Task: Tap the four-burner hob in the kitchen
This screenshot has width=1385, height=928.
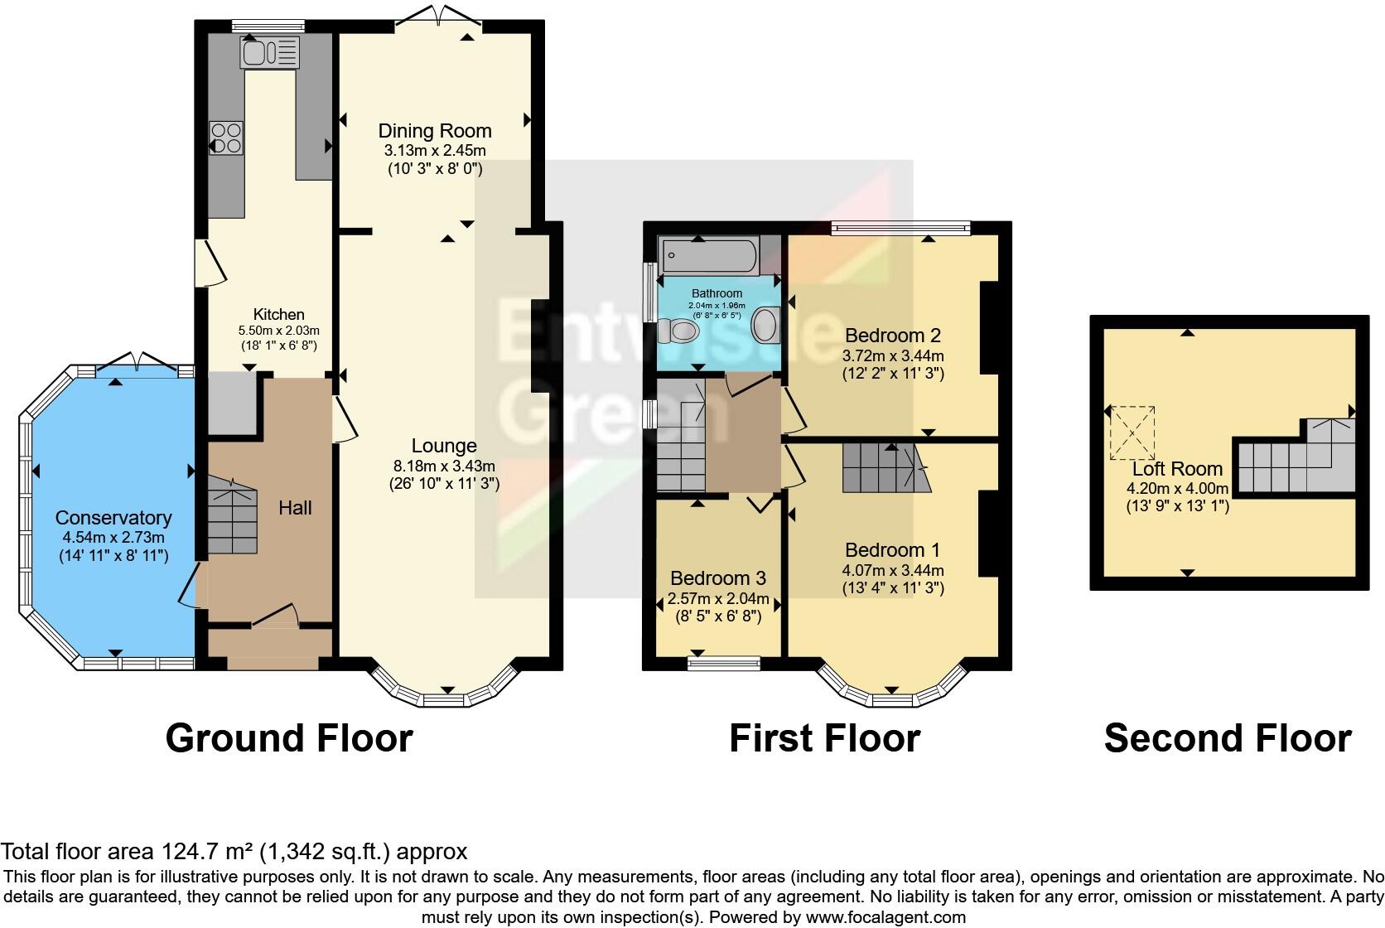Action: click(x=226, y=138)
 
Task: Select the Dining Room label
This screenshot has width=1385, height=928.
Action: click(x=435, y=131)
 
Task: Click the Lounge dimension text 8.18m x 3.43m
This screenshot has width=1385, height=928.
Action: click(x=444, y=466)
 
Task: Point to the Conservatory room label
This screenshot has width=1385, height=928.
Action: click(x=113, y=518)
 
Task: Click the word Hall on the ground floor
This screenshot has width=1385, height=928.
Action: click(x=295, y=508)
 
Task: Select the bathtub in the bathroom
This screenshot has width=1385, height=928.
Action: click(x=708, y=256)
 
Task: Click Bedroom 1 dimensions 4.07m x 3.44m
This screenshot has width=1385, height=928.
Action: click(x=893, y=570)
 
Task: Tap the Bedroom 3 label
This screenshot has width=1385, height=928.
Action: click(x=718, y=578)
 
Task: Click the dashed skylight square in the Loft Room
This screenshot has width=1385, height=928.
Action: click(x=1132, y=433)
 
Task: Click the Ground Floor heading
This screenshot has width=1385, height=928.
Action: click(x=289, y=738)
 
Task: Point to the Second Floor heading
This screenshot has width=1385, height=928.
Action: click(x=1227, y=738)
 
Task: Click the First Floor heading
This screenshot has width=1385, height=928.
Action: click(x=824, y=738)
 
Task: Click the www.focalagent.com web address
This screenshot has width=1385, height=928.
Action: click(x=886, y=917)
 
